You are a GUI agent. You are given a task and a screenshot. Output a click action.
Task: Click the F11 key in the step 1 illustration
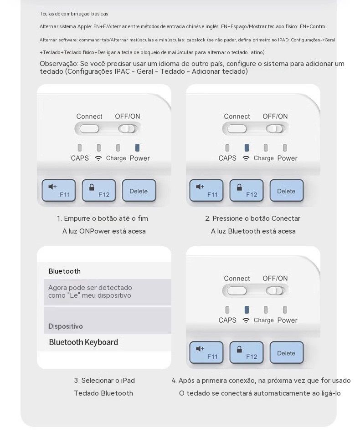point(58,190)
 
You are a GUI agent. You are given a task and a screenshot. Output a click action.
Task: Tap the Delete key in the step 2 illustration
point(286,190)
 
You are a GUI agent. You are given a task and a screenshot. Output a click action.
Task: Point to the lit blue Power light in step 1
point(137,147)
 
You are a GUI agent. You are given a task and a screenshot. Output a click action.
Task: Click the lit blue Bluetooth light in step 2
point(247,147)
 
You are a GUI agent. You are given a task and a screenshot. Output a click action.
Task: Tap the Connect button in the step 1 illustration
point(89,129)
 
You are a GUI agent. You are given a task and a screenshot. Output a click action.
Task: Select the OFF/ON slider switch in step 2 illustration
point(275,129)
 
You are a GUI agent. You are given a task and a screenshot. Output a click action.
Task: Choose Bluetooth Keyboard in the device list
point(83,342)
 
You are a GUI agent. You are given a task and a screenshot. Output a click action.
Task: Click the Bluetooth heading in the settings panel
point(64,271)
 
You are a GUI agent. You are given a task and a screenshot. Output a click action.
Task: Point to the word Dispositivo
point(66,326)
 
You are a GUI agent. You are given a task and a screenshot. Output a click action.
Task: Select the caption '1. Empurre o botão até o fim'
point(103,218)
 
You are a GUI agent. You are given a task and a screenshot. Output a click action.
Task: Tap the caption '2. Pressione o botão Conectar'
point(252,218)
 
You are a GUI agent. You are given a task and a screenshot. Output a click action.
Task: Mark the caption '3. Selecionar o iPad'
point(104,381)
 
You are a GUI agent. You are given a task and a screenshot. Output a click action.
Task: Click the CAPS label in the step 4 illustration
point(227,320)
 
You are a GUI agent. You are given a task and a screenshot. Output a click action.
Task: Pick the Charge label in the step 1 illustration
point(116,158)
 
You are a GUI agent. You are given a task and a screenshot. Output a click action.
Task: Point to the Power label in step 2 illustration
point(287,158)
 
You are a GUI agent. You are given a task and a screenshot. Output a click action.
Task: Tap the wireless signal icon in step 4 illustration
point(246,320)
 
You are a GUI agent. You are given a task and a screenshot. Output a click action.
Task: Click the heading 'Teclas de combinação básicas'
point(74,14)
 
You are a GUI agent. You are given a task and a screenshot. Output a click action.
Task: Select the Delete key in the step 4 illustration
point(286,353)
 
